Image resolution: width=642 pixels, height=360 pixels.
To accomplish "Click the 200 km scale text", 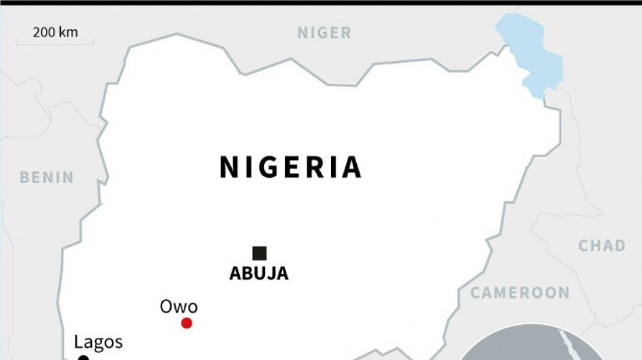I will (x=55, y=32).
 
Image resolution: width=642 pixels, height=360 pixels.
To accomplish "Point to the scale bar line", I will (x=55, y=43).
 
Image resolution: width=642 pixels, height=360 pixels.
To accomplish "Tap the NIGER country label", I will (x=324, y=32).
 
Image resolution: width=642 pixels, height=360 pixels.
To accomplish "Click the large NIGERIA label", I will (x=291, y=168).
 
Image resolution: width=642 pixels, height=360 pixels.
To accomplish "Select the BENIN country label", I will (x=47, y=178).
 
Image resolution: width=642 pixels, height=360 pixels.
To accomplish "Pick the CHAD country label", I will (x=601, y=245).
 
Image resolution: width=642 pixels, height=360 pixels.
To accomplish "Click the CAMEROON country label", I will (x=520, y=292).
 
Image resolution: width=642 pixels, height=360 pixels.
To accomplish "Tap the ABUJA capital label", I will (x=259, y=274).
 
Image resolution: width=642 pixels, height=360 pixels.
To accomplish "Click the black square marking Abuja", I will (x=259, y=253).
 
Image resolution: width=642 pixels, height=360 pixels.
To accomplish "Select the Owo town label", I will (x=178, y=307).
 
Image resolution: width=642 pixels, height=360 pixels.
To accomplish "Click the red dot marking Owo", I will (x=187, y=324).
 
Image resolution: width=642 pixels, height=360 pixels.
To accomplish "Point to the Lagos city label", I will (x=98, y=342).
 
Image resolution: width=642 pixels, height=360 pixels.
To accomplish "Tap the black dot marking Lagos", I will (x=83, y=358).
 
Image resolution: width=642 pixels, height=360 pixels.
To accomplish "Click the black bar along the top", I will (x=321, y=2).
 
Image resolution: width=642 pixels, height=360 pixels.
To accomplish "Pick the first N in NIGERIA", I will (x=230, y=168).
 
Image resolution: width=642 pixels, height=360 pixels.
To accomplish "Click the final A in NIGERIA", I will (x=350, y=168).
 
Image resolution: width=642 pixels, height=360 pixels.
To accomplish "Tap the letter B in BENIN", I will (x=25, y=178).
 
